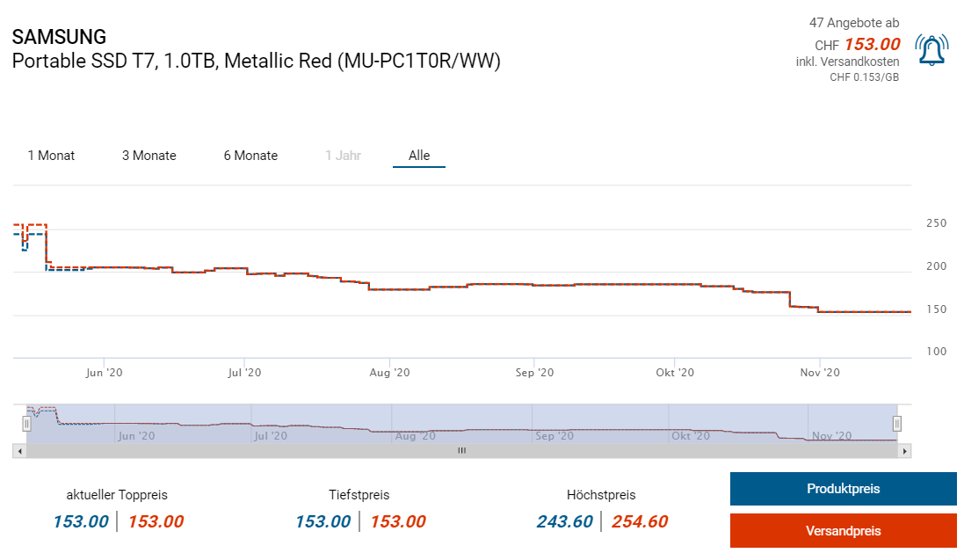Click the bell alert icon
[931, 50]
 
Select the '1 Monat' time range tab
[51, 156]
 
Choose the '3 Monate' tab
[149, 156]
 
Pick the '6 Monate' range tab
[250, 156]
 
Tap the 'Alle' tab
[419, 156]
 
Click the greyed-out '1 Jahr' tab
[343, 156]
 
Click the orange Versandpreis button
[843, 530]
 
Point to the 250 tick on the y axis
[936, 223]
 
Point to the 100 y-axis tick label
[936, 352]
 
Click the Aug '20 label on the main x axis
[390, 373]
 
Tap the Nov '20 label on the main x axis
[819, 373]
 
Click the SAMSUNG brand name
[59, 37]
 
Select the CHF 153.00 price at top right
[871, 45]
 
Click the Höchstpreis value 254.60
[639, 521]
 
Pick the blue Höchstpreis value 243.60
[564, 521]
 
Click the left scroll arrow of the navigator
[18, 451]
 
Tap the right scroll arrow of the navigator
[905, 451]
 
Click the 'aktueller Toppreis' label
[117, 495]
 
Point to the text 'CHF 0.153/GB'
[864, 77]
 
